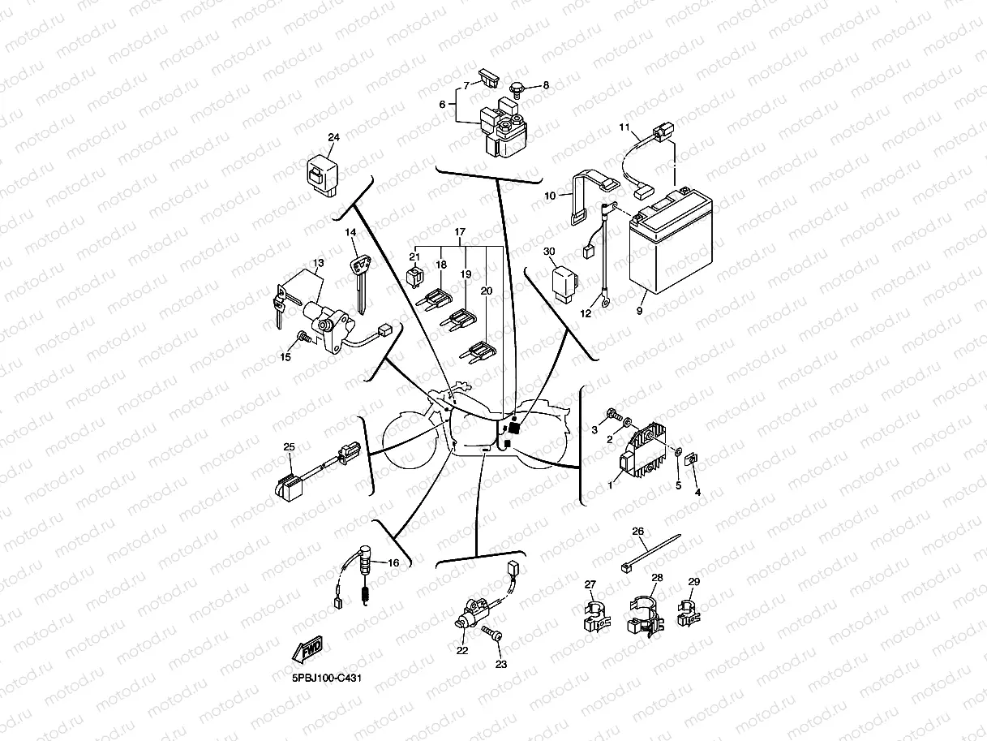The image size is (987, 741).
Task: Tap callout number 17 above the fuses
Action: click(460, 232)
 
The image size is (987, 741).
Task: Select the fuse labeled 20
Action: click(479, 351)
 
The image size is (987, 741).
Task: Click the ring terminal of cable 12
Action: click(605, 304)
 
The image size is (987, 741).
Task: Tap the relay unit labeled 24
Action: click(320, 174)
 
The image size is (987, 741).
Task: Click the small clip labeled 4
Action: click(693, 460)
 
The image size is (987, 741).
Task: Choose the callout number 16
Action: click(393, 563)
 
